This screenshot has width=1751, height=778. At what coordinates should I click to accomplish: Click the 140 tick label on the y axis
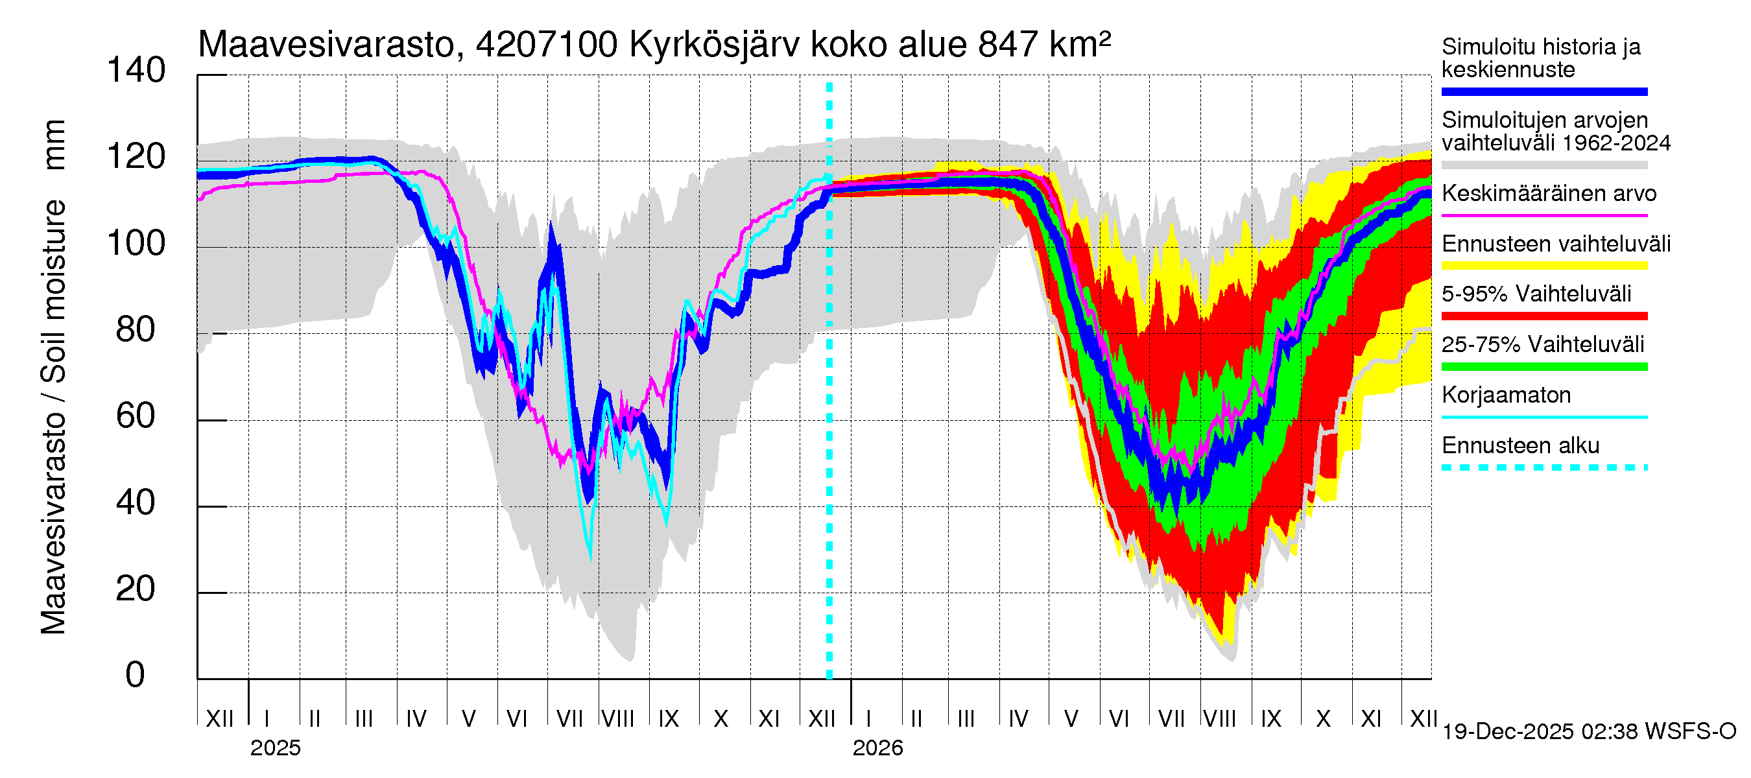[136, 71]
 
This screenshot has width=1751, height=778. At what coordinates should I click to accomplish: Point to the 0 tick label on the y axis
[136, 676]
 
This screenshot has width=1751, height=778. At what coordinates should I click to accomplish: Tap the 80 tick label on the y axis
[136, 329]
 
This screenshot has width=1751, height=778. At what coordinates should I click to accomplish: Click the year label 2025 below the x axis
[275, 748]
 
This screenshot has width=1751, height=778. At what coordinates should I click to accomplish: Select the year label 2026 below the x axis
[877, 748]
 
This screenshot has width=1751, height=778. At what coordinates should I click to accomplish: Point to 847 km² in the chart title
[1044, 45]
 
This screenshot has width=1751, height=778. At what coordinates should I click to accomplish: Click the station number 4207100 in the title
[547, 45]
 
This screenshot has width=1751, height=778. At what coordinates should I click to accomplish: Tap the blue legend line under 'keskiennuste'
[1544, 91]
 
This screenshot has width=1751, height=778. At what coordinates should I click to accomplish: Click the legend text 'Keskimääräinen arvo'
[1549, 194]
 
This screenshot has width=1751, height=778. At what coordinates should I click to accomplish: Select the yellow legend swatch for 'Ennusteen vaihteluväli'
[1544, 266]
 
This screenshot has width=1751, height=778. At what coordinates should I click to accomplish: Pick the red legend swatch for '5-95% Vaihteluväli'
[1544, 316]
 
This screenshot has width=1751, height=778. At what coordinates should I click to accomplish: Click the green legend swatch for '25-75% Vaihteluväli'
[1544, 367]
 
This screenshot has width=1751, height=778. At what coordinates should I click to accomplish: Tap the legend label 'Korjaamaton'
[1507, 395]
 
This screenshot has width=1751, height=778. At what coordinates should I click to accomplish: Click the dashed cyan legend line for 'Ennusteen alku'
[1544, 467]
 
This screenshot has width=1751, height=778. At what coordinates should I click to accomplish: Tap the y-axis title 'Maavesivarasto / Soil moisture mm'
[53, 377]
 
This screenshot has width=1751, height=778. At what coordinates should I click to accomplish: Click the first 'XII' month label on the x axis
[219, 718]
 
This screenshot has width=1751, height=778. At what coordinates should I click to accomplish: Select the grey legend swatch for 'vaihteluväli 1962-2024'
[1544, 165]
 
